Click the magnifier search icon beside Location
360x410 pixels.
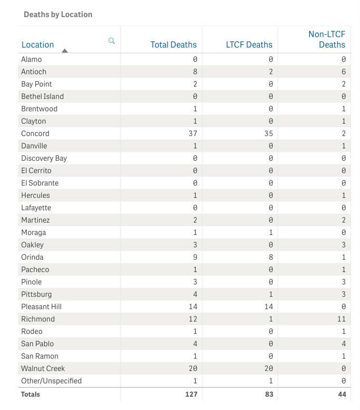[111, 41]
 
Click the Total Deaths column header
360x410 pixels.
[173, 45]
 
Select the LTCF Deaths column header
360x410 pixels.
[249, 45]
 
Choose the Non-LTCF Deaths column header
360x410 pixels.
[327, 39]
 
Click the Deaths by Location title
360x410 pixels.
[58, 14]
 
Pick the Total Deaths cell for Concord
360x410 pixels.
[193, 134]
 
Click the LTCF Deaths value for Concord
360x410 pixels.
[268, 134]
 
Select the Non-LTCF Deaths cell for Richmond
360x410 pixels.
[340, 319]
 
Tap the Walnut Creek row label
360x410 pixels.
[43, 369]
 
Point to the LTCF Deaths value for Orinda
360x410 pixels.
[270, 257]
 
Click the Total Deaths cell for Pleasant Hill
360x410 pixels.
[193, 307]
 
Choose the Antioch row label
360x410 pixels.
[34, 72]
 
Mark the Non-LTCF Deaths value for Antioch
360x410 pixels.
[343, 72]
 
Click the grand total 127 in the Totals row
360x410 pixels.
[190, 394]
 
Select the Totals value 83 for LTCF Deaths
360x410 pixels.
[268, 394]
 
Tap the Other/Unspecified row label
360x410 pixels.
[51, 381]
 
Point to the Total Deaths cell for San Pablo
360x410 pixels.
[195, 344]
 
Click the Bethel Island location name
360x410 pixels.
[42, 97]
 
